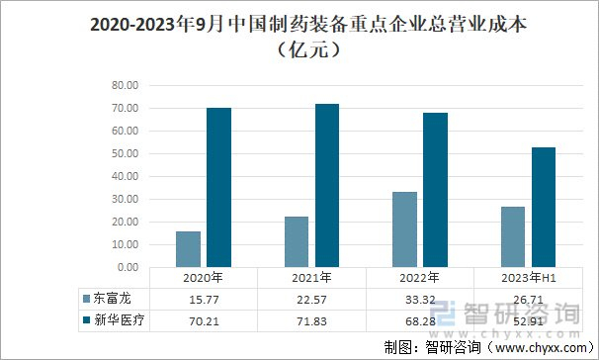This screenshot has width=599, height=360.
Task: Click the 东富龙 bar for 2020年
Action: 189,249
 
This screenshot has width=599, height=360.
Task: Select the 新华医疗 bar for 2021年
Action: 327,185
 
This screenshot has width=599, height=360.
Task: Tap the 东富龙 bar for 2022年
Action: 404,229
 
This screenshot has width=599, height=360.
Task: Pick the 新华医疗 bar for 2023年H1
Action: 544,207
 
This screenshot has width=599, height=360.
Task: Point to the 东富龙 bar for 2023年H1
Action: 513,237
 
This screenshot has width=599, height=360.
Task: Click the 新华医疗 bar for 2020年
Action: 218,187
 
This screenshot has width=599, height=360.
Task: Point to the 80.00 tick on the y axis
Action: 125,85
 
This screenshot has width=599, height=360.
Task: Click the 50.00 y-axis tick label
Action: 125,153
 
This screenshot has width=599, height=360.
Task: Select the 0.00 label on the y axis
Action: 128,267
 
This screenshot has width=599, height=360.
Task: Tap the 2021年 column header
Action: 311,278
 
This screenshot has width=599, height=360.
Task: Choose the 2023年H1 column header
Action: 529,278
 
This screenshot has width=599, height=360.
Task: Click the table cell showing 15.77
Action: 204,300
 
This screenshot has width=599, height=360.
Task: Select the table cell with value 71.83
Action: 311,321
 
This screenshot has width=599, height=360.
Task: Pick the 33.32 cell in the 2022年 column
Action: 420,300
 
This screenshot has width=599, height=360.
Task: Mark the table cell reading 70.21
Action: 204,321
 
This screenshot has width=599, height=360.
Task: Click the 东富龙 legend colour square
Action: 86,299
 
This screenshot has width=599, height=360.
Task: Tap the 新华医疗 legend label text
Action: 120,319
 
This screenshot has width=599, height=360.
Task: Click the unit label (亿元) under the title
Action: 308,49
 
